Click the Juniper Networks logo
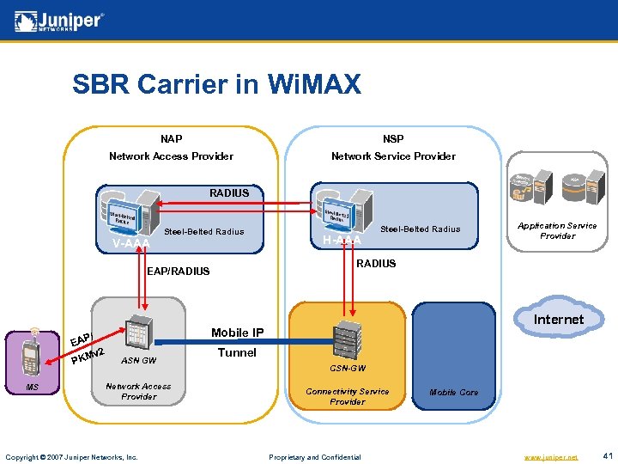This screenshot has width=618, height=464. coord(60,21)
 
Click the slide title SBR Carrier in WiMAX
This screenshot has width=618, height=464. coord(216,84)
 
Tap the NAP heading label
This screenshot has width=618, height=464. coord(171,138)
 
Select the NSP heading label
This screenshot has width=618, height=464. coord(393,138)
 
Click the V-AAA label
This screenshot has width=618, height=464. coord(130,244)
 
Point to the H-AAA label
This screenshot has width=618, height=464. coord(341,239)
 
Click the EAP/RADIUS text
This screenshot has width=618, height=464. coord(179,272)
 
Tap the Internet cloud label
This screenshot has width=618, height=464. coord(558,320)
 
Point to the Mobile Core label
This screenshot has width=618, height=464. coord(453,392)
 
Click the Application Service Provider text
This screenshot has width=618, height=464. coord(557,230)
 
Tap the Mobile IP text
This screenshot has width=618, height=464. coord(237,333)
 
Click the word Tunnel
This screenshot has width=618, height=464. coord(237,352)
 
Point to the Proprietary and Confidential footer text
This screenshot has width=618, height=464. coord(315,456)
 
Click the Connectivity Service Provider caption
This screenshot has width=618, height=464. coord(347,396)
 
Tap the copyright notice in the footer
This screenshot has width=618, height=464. coord(71,456)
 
